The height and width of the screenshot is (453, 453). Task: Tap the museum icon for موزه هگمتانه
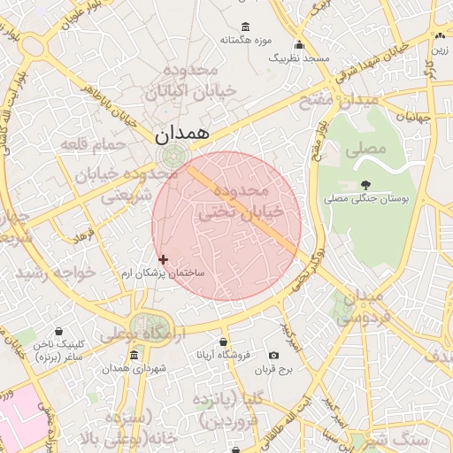pos(244,27)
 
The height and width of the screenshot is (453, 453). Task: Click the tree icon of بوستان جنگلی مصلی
pos(366,184)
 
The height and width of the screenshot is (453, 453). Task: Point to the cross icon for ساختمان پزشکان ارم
pos(163,259)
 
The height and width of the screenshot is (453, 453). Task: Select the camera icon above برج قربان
pos(285,355)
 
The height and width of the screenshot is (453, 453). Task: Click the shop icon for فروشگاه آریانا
pos(224,342)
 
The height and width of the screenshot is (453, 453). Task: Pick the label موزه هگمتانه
pos(244,41)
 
